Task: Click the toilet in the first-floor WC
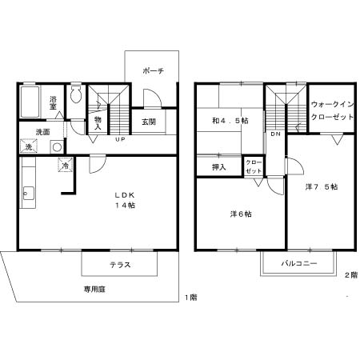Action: pos(76,94)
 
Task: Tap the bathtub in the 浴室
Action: pos(30,102)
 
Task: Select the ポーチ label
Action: pos(154,71)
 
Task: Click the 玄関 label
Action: pos(149,122)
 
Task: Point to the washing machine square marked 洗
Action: pos(29,146)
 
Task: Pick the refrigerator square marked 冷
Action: pos(66,165)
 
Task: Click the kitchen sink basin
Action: pos(28,194)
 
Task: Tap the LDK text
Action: pos(125,195)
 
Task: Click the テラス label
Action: pos(120,265)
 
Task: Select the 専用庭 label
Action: pos(95,290)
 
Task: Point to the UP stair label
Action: pos(120,139)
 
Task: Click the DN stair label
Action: pos(276,134)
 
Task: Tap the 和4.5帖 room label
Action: pos(230,121)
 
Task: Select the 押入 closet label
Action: pos(219,167)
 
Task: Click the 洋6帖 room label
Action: pos(241,214)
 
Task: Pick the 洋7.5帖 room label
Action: pos(322,187)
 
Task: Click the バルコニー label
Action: pos(299,263)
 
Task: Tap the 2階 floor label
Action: pos(351,275)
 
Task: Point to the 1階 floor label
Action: pos(191,297)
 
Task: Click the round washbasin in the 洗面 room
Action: pos(57,147)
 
